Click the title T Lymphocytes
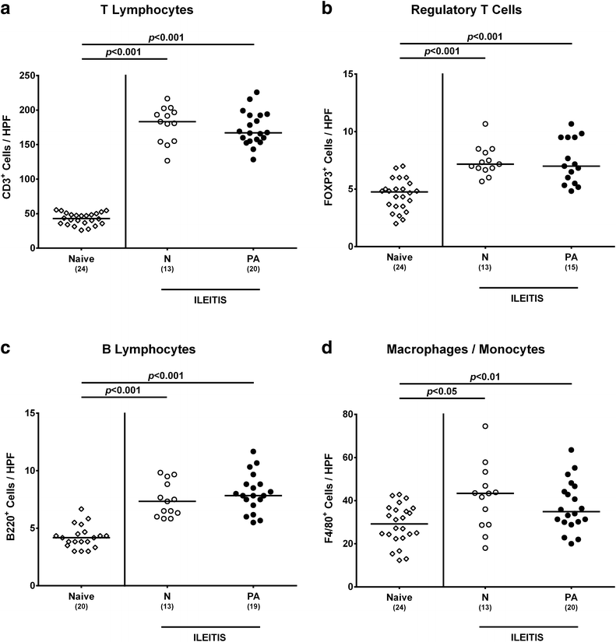(146, 10)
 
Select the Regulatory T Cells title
(466, 10)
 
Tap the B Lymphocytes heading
(149, 349)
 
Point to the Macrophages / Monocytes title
(466, 349)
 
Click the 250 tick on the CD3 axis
(26, 75)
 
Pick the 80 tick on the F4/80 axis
(348, 414)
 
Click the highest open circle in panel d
(485, 426)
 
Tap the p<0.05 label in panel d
(442, 391)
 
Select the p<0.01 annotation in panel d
(485, 377)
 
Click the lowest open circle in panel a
(167, 160)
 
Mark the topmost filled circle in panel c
(253, 451)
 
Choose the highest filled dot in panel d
(572, 450)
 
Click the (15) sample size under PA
(571, 268)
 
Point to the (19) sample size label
(253, 606)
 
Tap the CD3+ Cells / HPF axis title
(7, 158)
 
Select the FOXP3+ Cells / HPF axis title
(329, 157)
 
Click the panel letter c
(5, 349)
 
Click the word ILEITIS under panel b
(527, 299)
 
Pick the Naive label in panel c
(81, 597)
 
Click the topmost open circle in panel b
(485, 124)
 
